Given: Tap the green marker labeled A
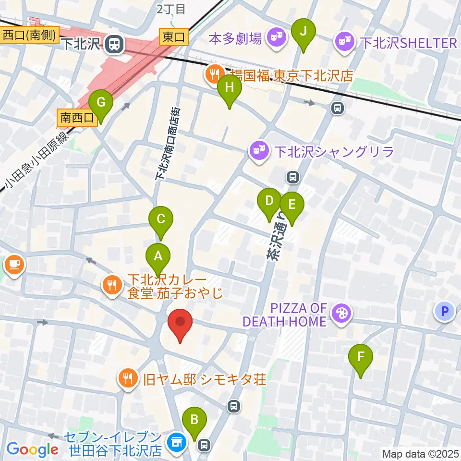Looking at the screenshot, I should coord(158,256).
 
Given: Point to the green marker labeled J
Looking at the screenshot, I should coord(303,32).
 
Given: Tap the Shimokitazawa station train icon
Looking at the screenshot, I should coord(114,45).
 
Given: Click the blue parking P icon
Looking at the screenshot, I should coord(445,312).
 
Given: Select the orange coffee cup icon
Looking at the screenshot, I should coord(14,264).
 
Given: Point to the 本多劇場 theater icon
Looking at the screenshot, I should coord(276,36).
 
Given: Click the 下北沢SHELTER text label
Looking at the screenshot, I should coord(408,43).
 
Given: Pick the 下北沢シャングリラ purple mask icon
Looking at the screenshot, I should coord(260,152).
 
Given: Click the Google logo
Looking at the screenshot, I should coord(32,449).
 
